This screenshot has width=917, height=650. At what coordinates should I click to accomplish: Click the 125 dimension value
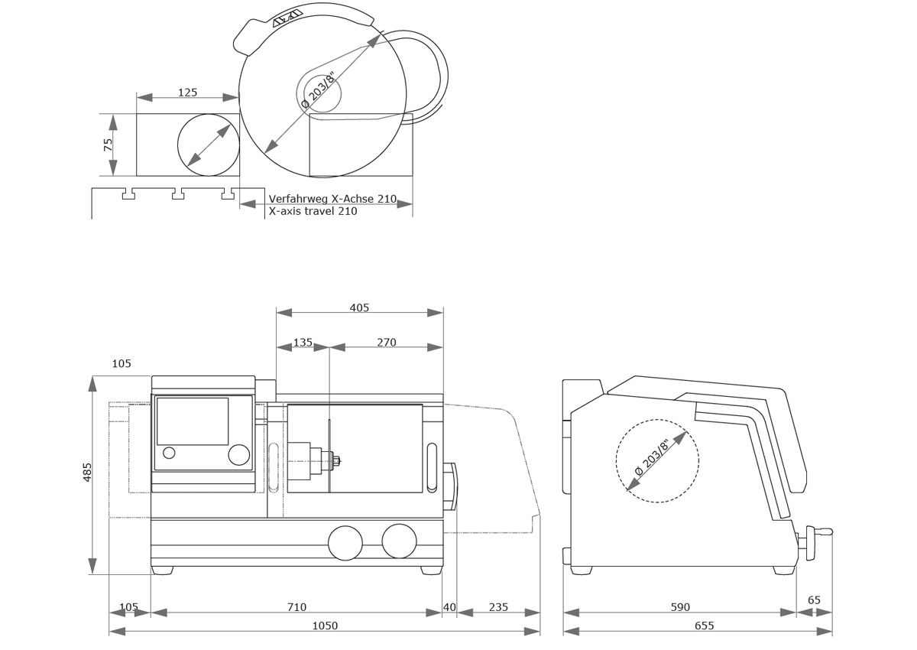(x=187, y=93)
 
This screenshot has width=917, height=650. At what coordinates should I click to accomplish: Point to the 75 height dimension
(x=109, y=144)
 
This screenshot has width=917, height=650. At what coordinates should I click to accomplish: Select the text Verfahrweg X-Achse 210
(x=332, y=199)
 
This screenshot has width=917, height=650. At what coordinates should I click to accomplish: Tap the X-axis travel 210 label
(x=313, y=211)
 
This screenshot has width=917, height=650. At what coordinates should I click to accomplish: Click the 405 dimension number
(x=359, y=307)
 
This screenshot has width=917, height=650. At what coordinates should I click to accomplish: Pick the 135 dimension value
(x=303, y=343)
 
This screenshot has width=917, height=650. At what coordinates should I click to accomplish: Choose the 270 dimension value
(x=387, y=343)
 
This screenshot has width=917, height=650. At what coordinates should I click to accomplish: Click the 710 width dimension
(x=296, y=607)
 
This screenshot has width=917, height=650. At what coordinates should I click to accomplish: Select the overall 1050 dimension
(x=325, y=626)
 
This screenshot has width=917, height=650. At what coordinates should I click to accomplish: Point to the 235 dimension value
(x=498, y=607)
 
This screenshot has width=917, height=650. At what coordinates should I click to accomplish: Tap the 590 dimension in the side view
(x=680, y=607)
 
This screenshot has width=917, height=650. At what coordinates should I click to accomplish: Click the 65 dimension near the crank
(x=814, y=600)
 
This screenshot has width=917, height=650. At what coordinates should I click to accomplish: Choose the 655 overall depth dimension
(x=705, y=626)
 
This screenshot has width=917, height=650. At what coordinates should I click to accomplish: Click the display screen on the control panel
(x=193, y=421)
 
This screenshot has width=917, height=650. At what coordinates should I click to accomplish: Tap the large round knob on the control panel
(x=238, y=455)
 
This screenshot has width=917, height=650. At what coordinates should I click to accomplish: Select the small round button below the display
(x=169, y=453)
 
